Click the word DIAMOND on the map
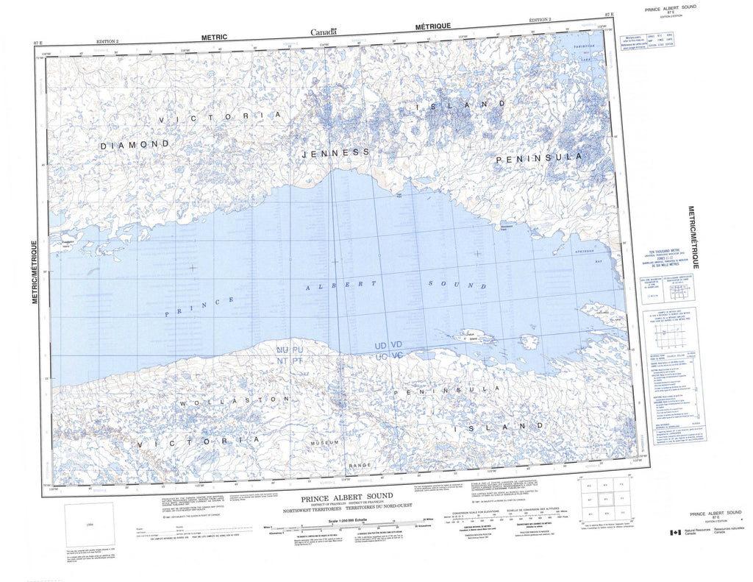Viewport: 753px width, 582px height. coord(135,145)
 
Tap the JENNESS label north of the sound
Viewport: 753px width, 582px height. coord(335,152)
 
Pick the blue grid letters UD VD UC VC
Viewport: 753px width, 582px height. coord(388,350)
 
